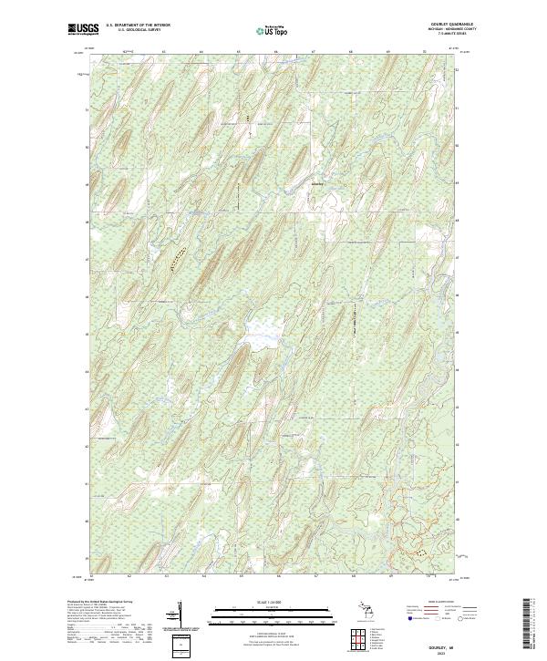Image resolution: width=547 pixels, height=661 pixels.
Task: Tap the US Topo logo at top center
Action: click(273, 31)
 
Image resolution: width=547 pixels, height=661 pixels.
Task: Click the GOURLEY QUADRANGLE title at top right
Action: click(459, 25)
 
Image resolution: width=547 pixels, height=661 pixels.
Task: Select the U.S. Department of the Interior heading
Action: click(138, 26)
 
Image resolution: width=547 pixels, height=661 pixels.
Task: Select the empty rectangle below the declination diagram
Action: click(180, 646)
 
